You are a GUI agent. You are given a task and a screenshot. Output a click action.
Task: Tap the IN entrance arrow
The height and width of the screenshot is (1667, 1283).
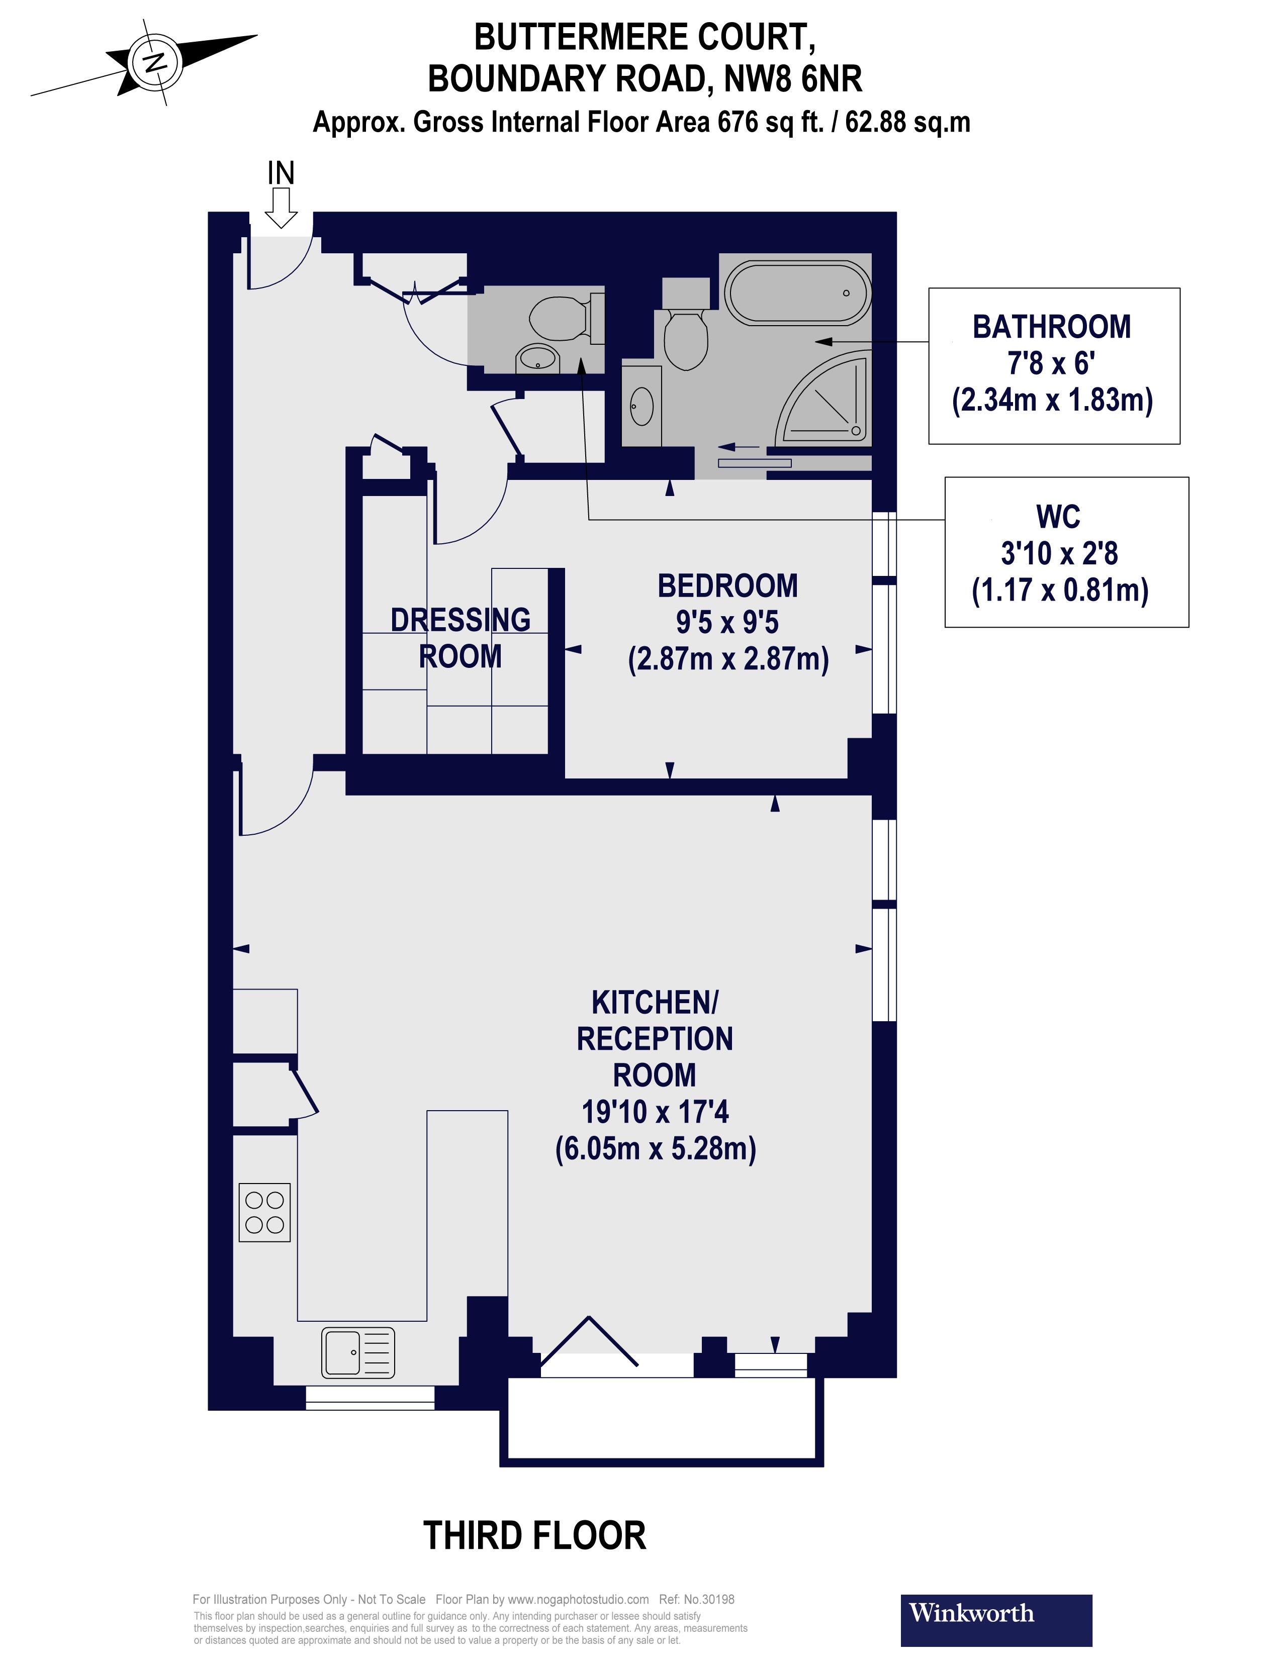point(281,206)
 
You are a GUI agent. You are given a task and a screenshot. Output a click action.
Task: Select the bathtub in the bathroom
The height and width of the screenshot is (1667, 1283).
point(797,293)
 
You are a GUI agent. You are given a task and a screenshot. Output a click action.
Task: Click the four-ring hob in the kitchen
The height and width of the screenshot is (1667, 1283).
point(264,1212)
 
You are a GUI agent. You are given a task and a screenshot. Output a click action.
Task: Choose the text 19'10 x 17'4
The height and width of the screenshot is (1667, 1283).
point(655,1112)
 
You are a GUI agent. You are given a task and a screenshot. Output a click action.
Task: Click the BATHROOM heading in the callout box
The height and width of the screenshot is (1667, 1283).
point(1052,327)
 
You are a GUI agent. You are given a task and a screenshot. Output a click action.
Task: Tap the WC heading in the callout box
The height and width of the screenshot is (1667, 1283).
point(1058,517)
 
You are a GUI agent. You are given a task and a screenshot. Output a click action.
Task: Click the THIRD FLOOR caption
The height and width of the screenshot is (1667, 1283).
point(534,1536)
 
